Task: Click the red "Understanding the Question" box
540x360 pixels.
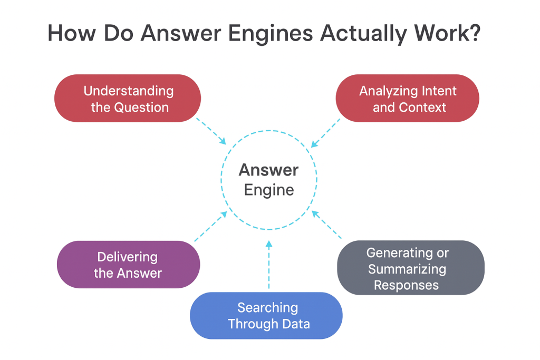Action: pyautogui.click(x=128, y=99)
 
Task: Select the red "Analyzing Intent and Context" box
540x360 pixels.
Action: pyautogui.click(x=408, y=99)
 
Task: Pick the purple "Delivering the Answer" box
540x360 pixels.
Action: pyautogui.click(x=128, y=265)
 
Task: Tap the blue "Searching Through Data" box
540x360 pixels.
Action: pyautogui.click(x=266, y=315)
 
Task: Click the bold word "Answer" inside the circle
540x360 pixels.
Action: pyautogui.click(x=268, y=170)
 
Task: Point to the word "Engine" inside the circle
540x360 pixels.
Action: pyautogui.click(x=268, y=190)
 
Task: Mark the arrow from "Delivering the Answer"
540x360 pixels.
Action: pyautogui.click(x=211, y=227)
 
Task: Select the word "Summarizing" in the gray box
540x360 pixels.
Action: pyautogui.click(x=407, y=269)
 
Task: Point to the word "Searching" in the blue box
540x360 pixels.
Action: pyautogui.click(x=267, y=307)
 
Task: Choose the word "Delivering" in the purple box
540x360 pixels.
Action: pyautogui.click(x=127, y=257)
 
